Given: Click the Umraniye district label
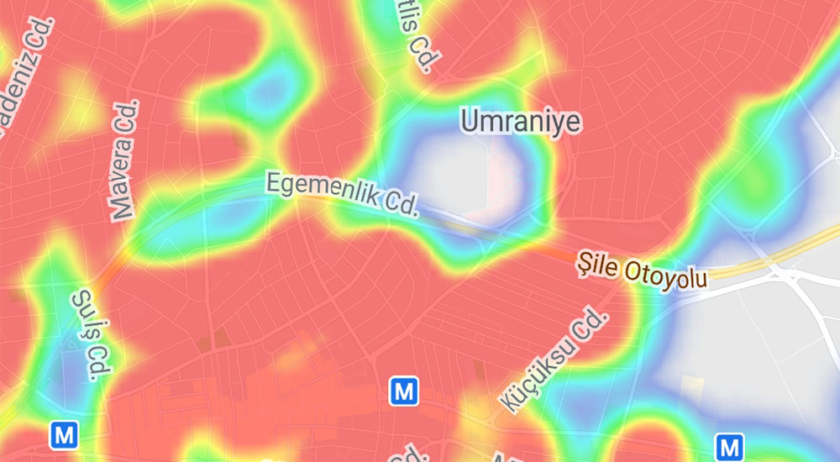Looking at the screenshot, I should coord(521,123).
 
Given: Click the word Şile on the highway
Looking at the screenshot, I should coord(597,263).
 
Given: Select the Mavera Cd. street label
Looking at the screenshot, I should coord(124,160).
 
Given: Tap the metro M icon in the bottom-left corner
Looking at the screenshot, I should coord(64,435).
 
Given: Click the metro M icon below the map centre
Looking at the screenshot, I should coord(404,390).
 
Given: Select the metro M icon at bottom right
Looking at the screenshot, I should coord(729,446).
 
